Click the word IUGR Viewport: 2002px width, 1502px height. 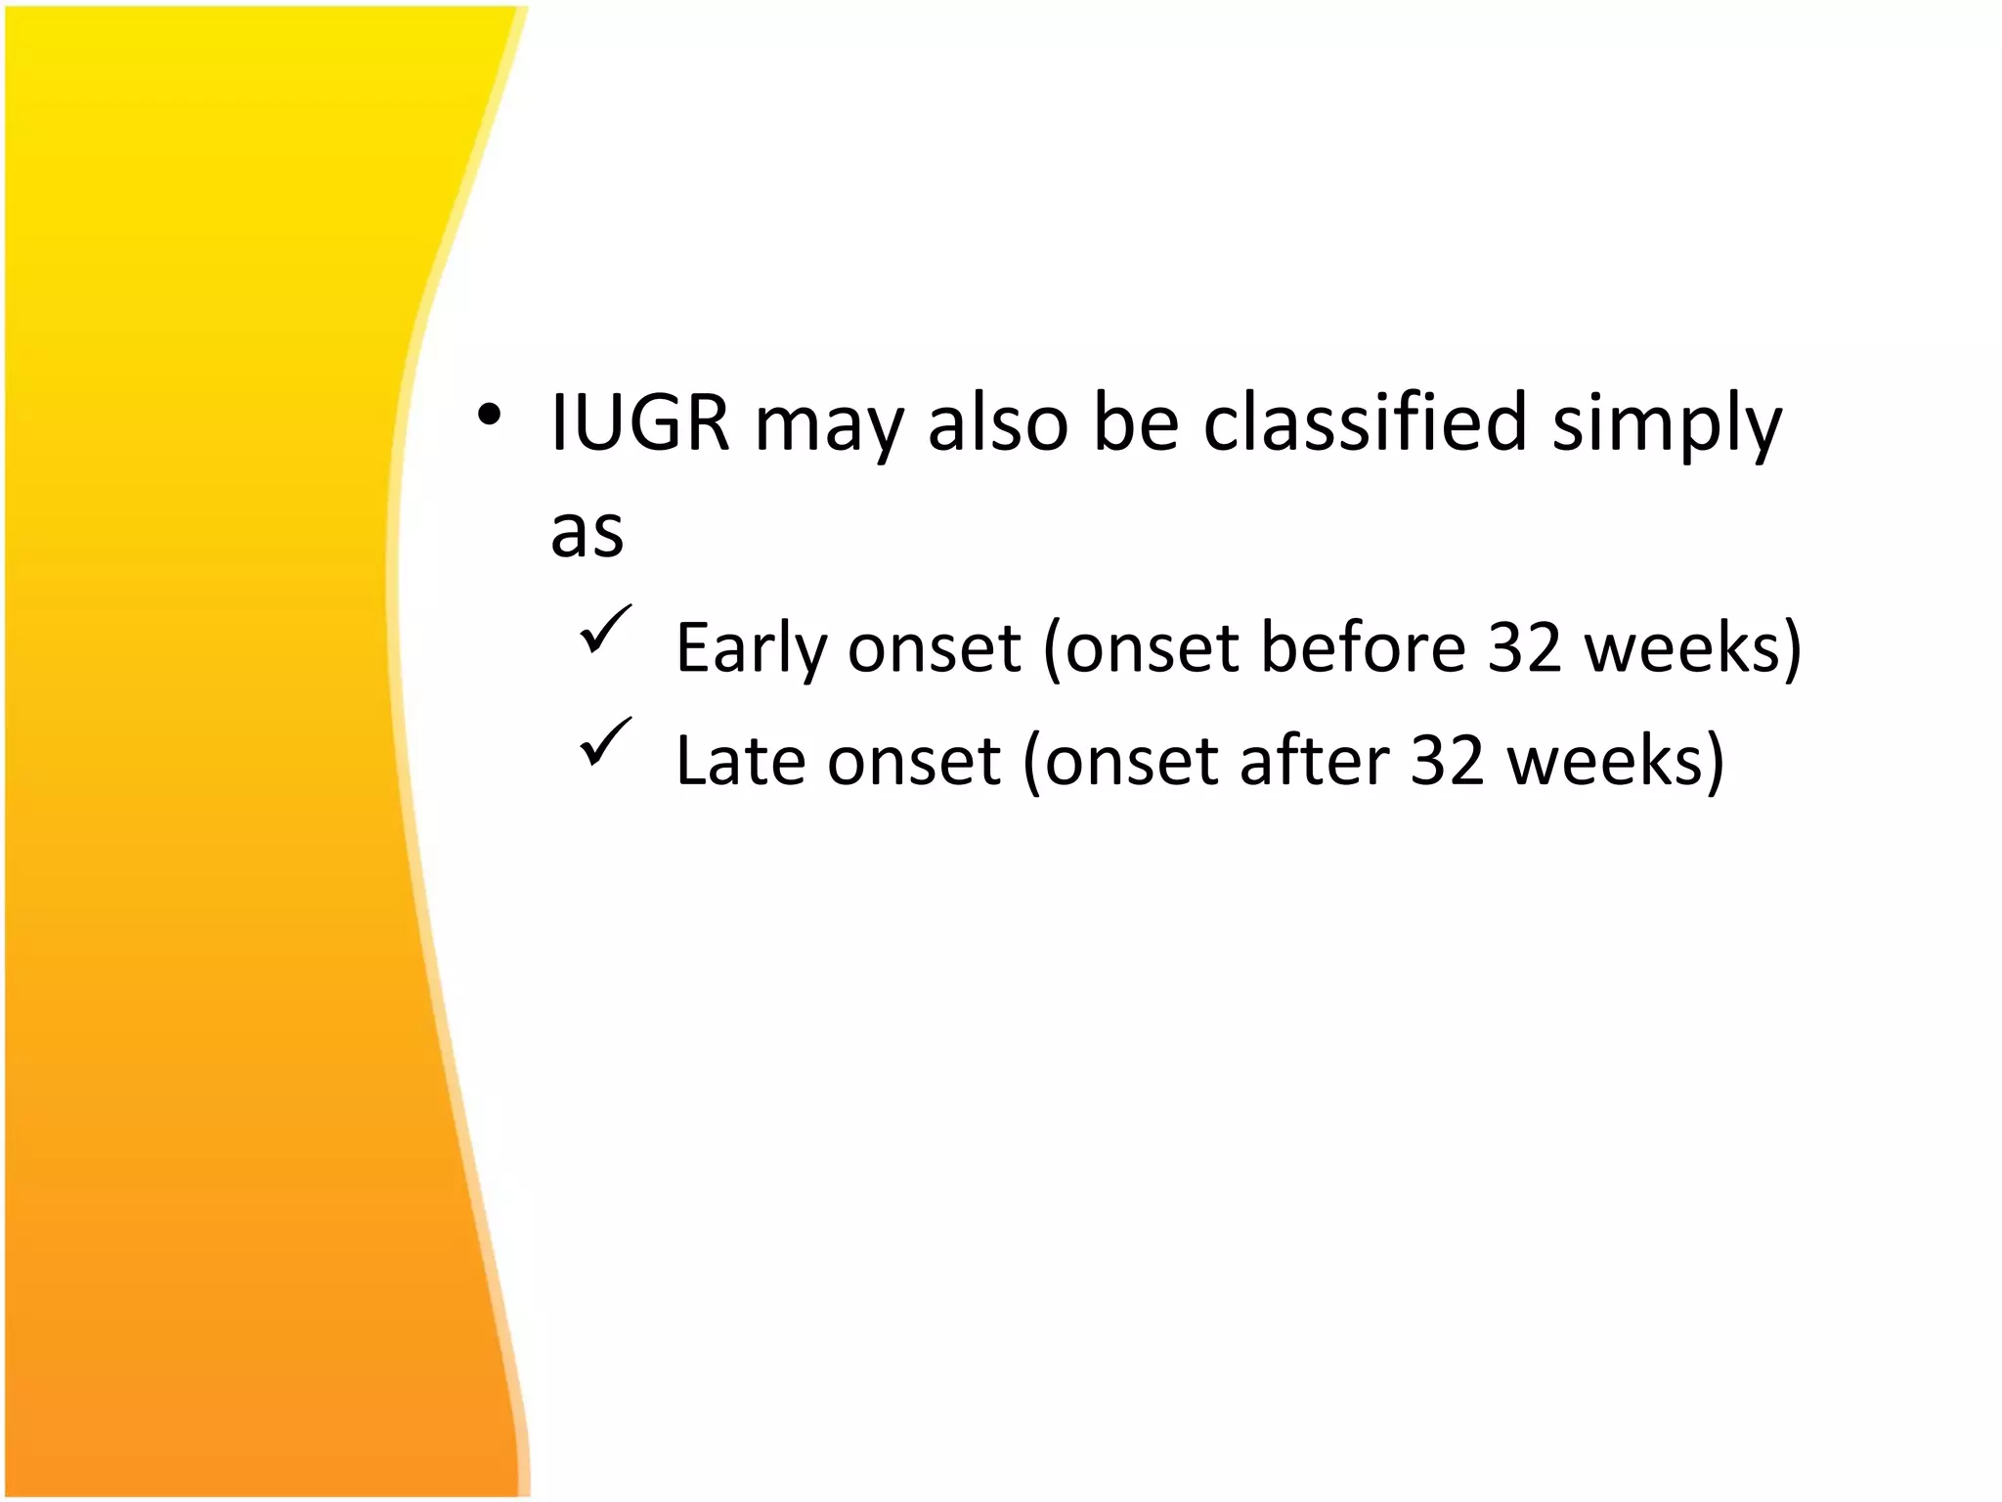coord(640,423)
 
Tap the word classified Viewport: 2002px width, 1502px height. coord(1365,423)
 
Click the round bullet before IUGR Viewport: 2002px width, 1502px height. coord(490,418)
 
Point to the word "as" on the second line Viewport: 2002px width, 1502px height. coord(587,534)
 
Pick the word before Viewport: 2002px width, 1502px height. coord(1363,647)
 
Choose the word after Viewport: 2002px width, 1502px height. coord(1314,760)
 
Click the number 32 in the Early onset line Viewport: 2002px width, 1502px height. coord(1524,647)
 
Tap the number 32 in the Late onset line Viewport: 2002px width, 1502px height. coord(1448,760)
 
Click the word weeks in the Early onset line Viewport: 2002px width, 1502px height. coord(1680,647)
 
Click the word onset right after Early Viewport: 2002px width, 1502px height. coord(934,649)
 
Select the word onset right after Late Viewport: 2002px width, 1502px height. coord(913,762)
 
